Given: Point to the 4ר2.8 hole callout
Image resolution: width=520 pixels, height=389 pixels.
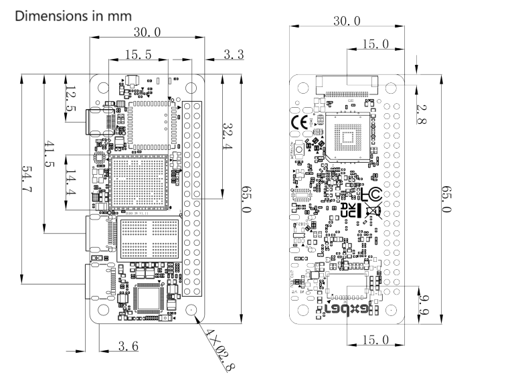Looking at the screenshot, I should (220, 347).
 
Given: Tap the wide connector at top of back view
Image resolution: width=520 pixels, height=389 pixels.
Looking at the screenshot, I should (346, 86).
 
